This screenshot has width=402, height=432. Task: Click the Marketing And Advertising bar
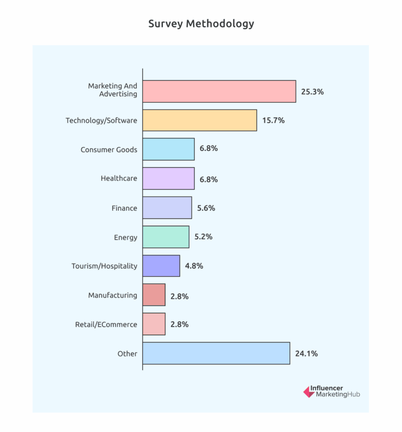point(219,91)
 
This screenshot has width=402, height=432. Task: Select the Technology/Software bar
point(199,120)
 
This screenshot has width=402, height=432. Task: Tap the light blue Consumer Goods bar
point(168,149)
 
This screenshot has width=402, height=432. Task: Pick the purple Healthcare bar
point(168,178)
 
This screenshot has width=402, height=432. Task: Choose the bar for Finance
point(167,208)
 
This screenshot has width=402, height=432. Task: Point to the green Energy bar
point(165,237)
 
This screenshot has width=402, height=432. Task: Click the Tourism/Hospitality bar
point(161,266)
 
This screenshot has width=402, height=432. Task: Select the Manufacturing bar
point(154,295)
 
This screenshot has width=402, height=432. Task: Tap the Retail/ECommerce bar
point(154,324)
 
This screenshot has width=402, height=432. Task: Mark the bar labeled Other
point(216,353)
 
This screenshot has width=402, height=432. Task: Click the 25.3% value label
point(312,91)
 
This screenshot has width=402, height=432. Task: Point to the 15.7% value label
point(273,120)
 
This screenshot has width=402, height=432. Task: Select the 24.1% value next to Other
point(306,353)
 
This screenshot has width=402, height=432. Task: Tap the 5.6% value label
point(206,208)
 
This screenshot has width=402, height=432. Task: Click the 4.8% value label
point(194,266)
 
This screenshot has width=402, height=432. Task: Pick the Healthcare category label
point(119,178)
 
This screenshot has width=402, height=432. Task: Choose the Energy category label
point(126,237)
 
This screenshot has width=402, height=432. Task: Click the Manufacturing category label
point(113,295)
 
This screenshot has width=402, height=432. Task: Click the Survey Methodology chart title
point(201,24)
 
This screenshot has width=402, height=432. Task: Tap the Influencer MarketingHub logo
point(331,392)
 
